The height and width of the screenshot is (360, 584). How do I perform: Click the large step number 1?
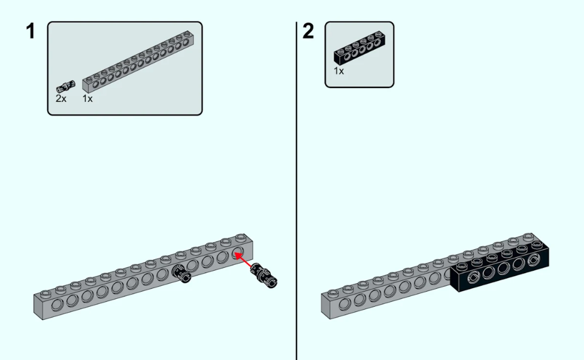[x=30, y=31]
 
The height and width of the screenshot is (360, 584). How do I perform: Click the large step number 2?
[x=308, y=31]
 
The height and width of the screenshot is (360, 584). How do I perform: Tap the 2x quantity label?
[x=60, y=99]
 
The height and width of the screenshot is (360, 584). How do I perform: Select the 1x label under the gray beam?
[x=87, y=99]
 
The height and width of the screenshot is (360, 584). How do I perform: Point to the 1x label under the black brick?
[x=339, y=71]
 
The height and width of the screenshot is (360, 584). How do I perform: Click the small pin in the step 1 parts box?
[x=65, y=86]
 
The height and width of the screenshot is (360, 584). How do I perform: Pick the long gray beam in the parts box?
[x=137, y=62]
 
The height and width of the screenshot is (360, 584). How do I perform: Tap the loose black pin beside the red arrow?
[x=264, y=276]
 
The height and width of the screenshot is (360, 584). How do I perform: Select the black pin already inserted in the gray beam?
[x=181, y=274]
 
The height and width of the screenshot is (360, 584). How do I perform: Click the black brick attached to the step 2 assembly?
[x=499, y=266]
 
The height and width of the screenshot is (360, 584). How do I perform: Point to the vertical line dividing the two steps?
[x=296, y=190]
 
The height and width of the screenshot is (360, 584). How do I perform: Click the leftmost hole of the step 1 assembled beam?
[x=58, y=305]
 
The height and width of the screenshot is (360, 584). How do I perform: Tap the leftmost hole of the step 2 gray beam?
[x=344, y=304]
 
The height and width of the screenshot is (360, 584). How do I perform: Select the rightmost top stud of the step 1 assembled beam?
[x=241, y=237]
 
